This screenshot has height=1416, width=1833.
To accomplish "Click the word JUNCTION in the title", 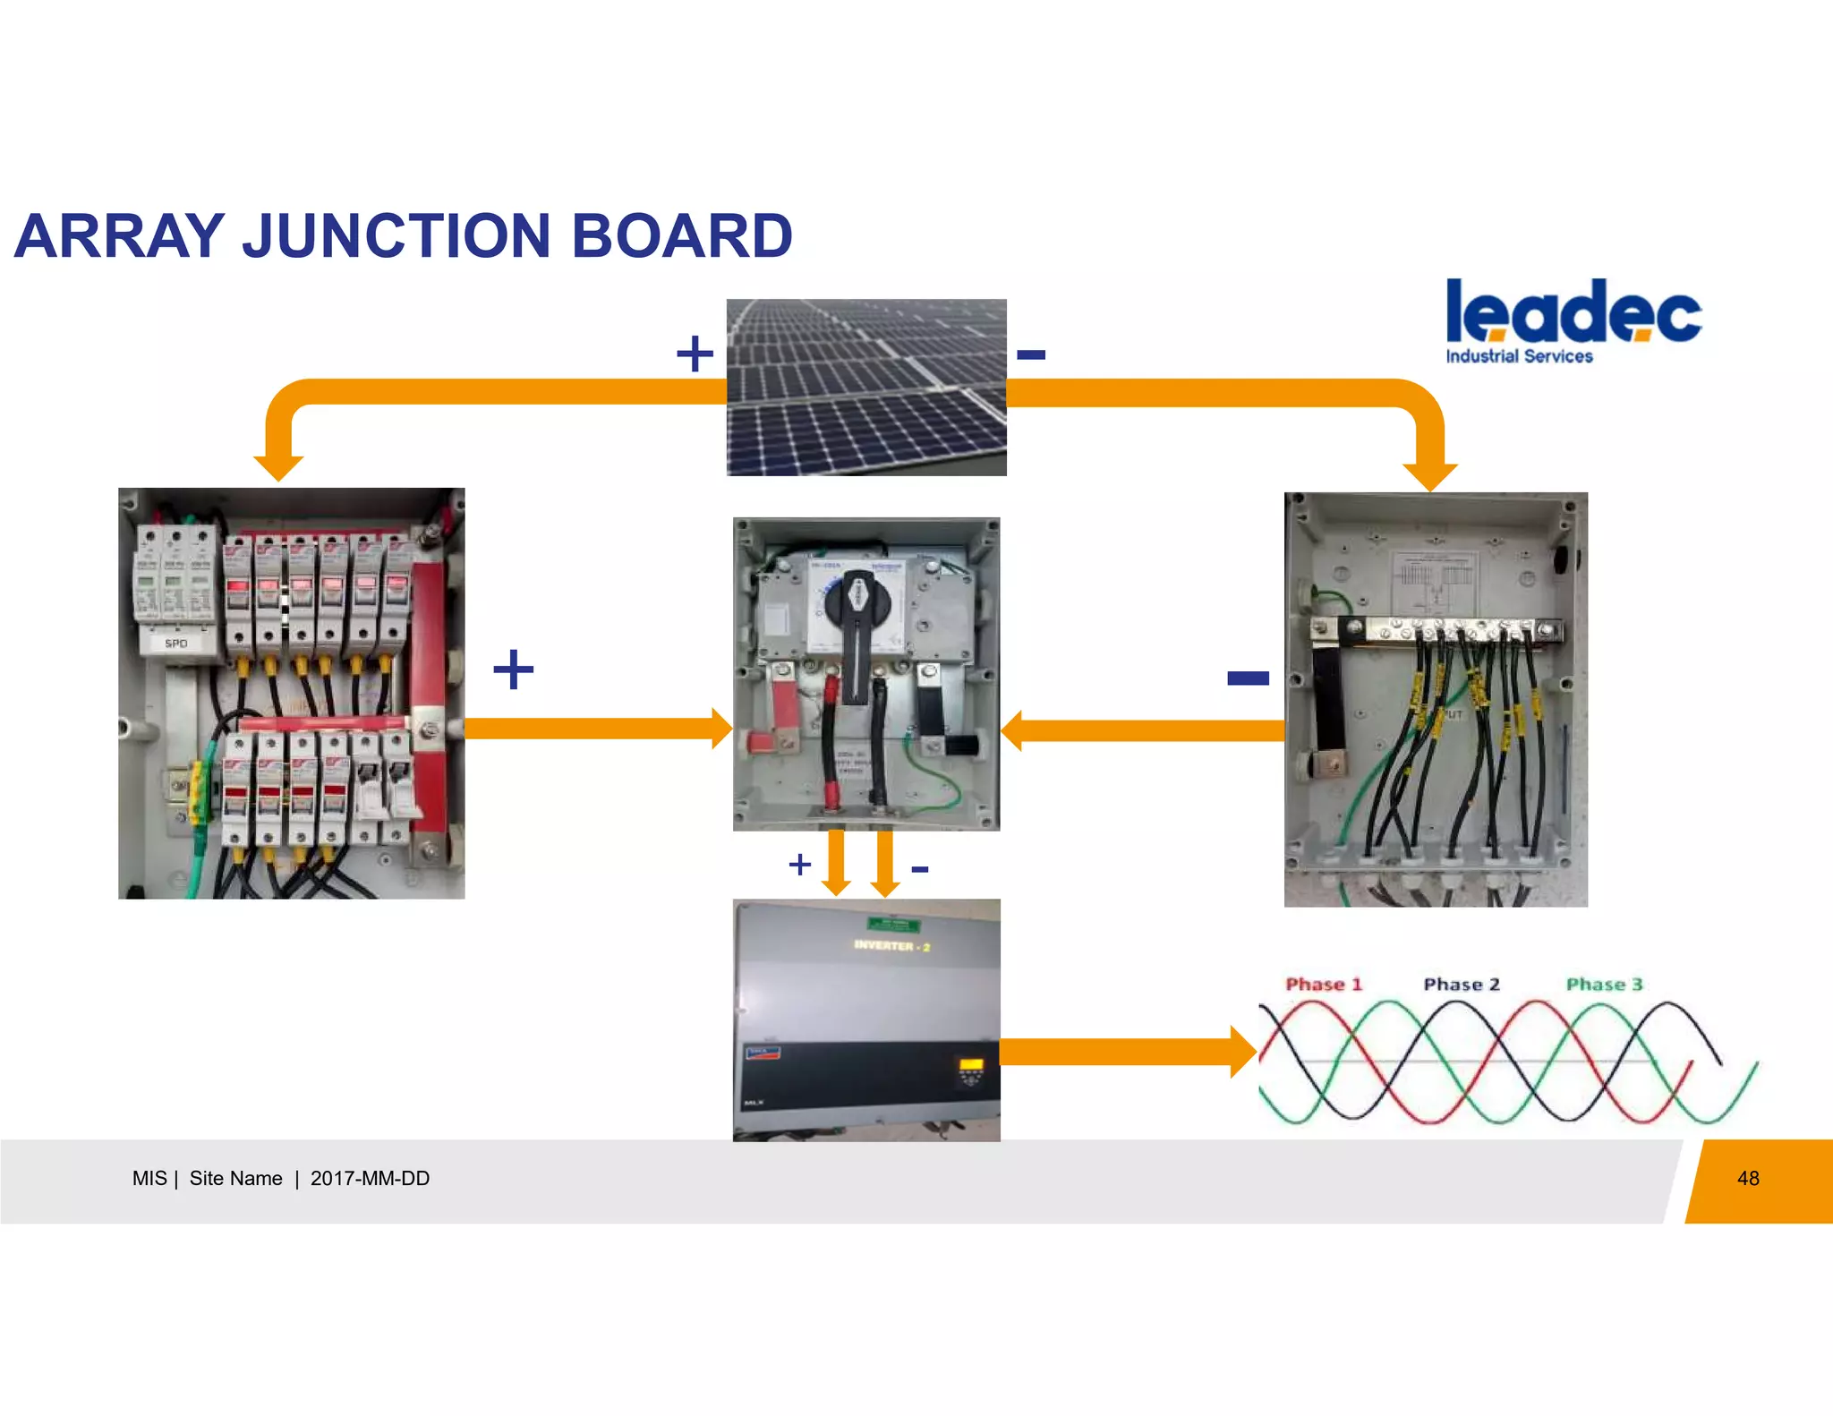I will click(396, 236).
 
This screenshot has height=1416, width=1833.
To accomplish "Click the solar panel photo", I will click(866, 387).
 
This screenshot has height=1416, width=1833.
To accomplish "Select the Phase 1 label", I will click(1324, 985).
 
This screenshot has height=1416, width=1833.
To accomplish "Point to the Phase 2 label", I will click(1462, 985).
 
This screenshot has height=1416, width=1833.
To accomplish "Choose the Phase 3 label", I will click(1605, 985).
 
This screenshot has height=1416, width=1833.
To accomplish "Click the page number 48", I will click(1748, 1179).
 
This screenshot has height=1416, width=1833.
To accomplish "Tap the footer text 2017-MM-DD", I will click(370, 1179).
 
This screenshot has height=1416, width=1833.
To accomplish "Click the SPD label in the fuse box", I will click(176, 644).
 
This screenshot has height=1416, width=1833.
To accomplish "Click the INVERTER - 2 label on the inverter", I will click(891, 946).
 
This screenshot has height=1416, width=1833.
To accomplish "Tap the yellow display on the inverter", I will click(971, 1065).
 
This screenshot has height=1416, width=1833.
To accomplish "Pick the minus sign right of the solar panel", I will click(1031, 355).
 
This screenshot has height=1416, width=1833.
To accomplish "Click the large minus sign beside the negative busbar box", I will click(1248, 678).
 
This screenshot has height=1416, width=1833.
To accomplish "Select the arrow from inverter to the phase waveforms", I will click(1128, 1052).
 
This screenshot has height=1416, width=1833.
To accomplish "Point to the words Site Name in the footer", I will click(235, 1179).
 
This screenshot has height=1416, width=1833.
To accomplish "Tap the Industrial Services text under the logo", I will click(1519, 356).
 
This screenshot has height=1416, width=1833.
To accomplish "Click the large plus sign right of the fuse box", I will click(514, 670).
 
